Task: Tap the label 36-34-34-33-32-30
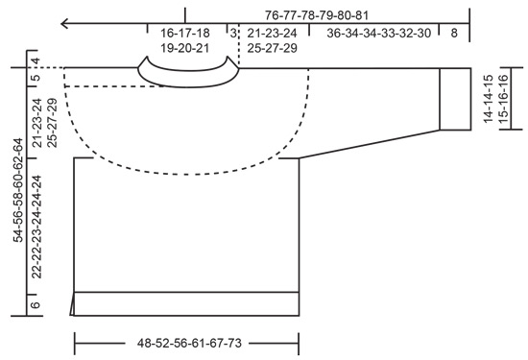(379, 32)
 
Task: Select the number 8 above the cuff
(454, 32)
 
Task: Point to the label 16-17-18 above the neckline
(185, 32)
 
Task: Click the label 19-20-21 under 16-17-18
(185, 46)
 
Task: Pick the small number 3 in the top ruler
(232, 32)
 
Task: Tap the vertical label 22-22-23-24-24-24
(36, 226)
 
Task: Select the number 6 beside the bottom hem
(36, 304)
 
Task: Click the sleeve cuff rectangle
(454, 98)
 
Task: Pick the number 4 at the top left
(36, 64)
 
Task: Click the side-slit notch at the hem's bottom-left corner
(72, 308)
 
